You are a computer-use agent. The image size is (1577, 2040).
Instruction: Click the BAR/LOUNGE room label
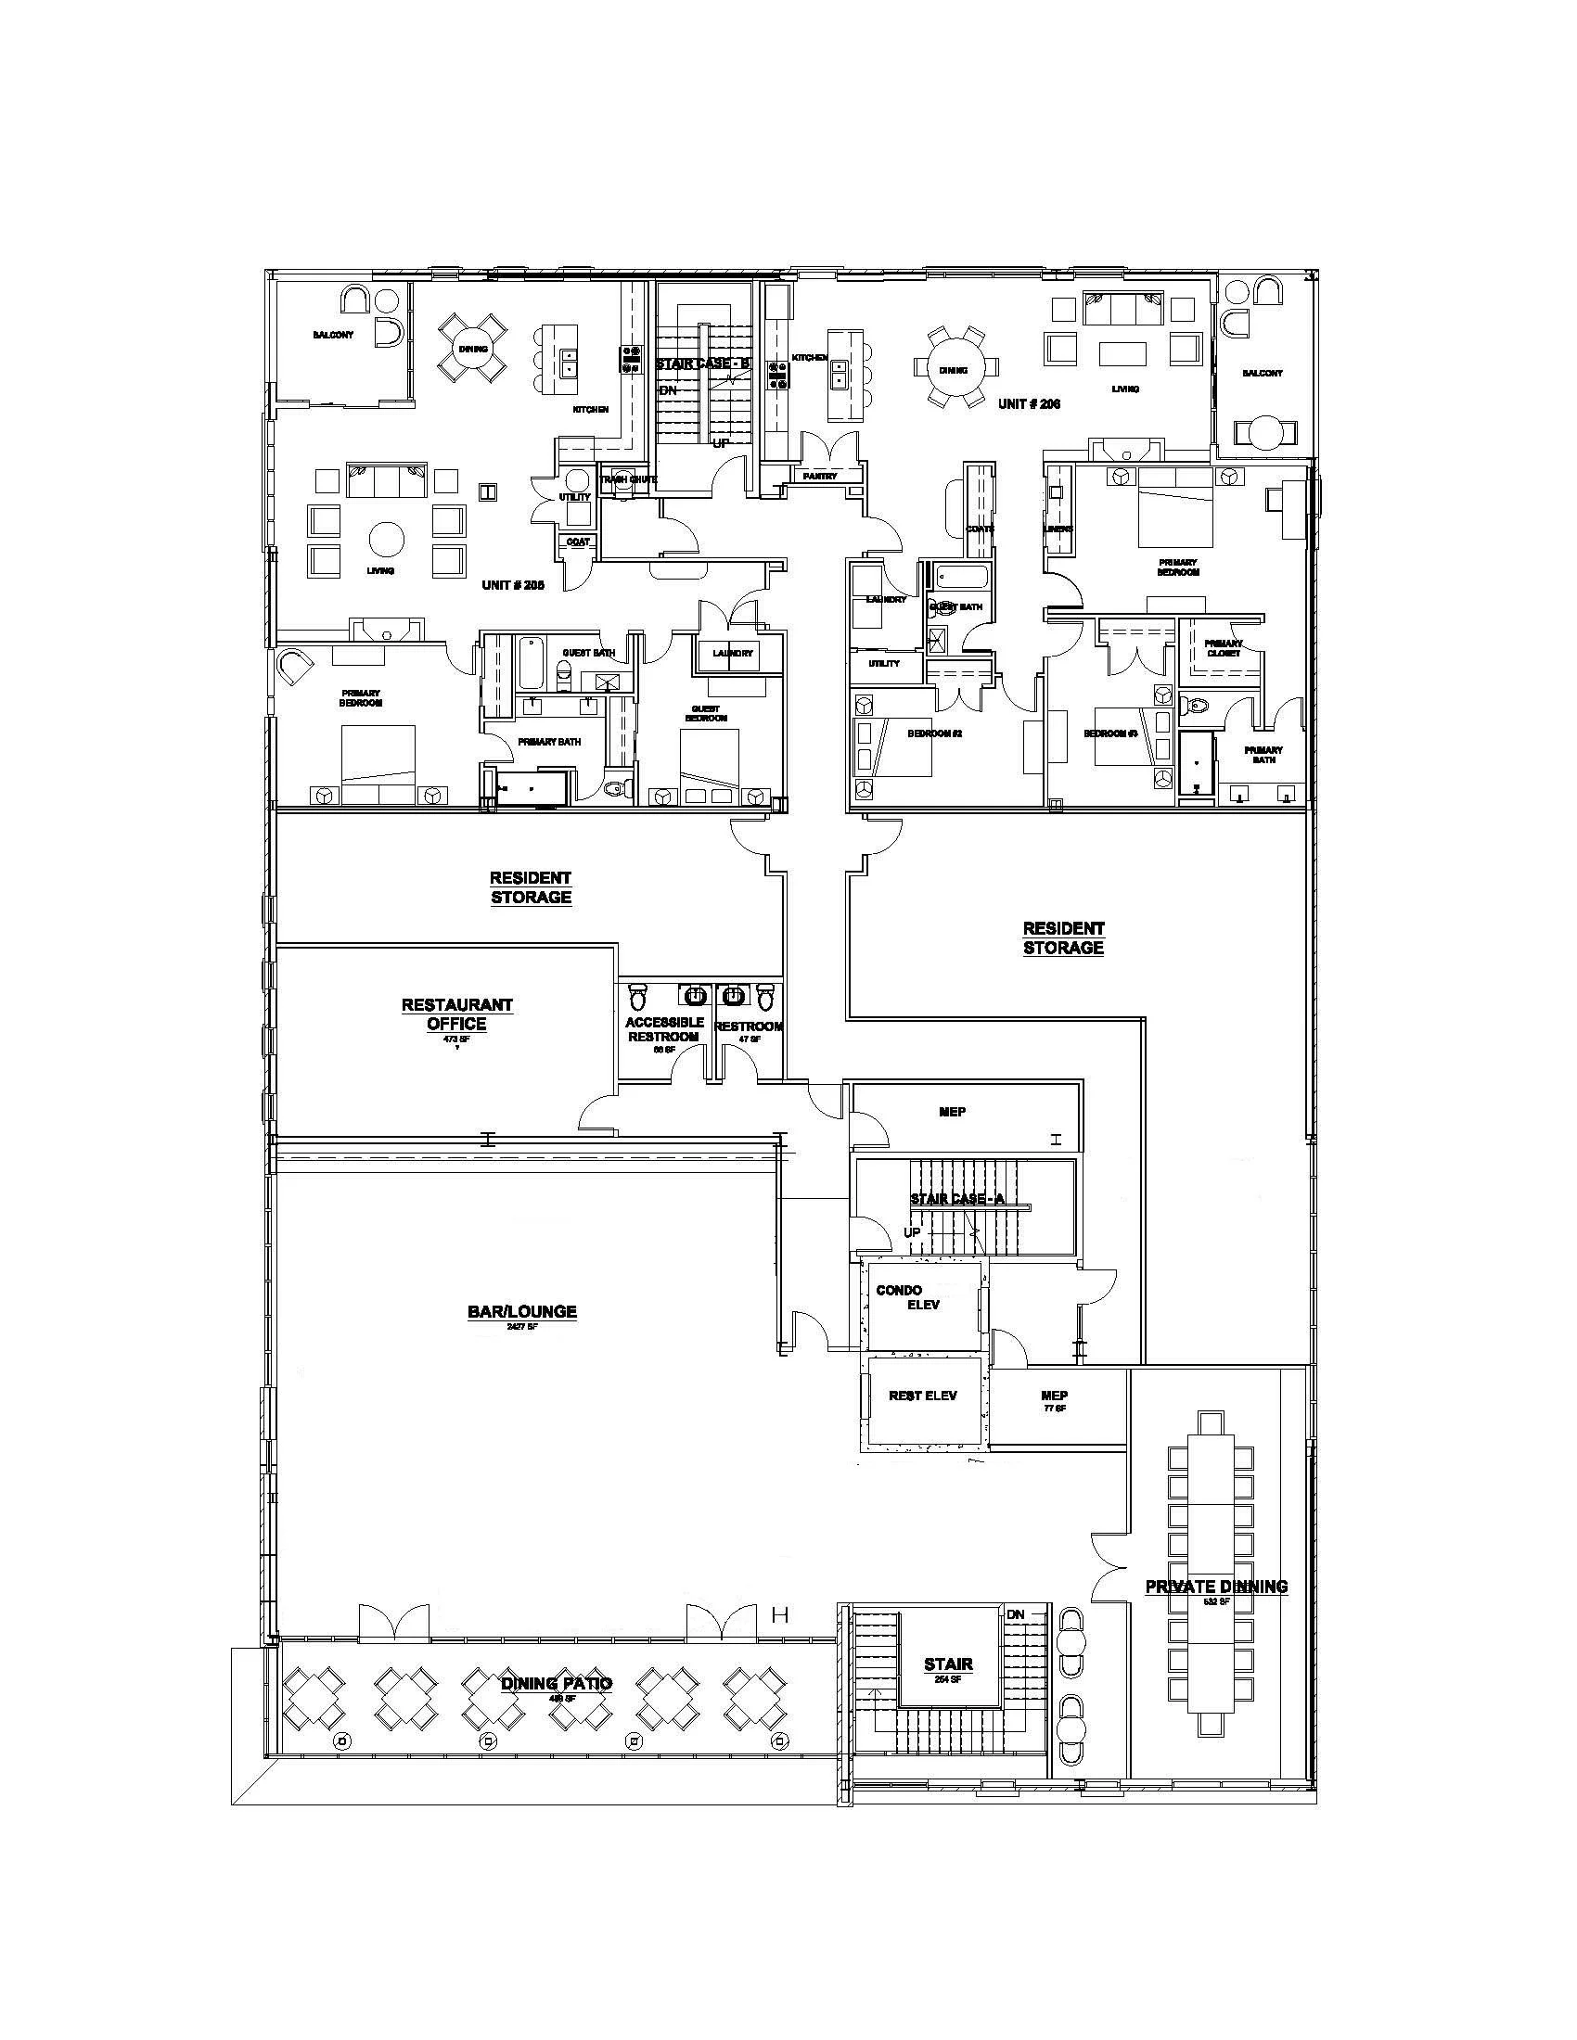(x=521, y=1311)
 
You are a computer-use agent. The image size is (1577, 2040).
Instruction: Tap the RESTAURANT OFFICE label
(x=456, y=1014)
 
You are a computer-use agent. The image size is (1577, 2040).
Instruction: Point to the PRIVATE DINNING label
(x=1215, y=1586)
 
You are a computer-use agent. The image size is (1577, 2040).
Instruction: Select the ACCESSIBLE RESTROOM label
(x=663, y=1029)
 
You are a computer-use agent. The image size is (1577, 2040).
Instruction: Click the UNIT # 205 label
(x=512, y=585)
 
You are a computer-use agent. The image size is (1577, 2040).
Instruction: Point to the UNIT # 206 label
(x=1029, y=403)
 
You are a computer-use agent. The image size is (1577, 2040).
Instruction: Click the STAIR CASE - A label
(x=955, y=1198)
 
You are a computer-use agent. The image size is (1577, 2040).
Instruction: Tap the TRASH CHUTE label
(x=628, y=479)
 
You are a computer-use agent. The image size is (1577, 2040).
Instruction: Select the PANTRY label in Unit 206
(x=820, y=477)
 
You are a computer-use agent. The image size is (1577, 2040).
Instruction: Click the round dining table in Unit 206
(x=953, y=371)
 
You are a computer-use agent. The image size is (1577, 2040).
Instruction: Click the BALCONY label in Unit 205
(x=334, y=335)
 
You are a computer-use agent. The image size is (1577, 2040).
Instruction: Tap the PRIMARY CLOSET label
(x=1223, y=648)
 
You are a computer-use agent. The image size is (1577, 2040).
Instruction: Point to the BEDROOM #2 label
(x=934, y=733)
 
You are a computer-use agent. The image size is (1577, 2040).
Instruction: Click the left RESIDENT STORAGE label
(x=530, y=887)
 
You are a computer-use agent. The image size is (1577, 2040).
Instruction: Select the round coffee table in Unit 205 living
(x=386, y=539)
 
